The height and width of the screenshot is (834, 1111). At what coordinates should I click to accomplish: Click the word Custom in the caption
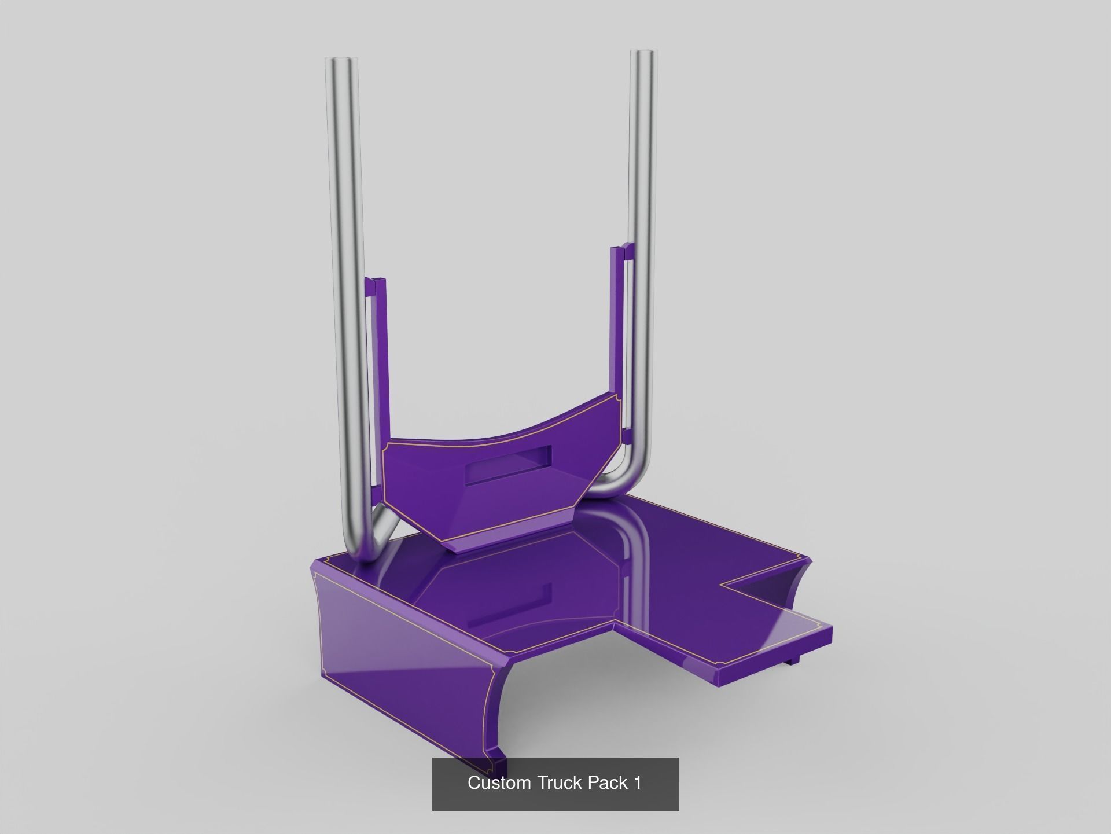(499, 782)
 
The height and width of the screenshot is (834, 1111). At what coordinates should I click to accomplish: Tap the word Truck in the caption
(560, 782)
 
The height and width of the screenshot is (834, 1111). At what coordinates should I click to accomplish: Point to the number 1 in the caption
(637, 782)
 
